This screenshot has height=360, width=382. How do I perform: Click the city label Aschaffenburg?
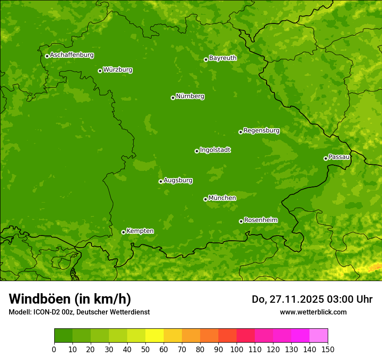point(72,55)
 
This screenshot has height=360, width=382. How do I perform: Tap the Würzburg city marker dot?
point(100,71)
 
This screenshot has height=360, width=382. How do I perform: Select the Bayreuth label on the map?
point(223,58)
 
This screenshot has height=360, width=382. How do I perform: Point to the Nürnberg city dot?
point(173,98)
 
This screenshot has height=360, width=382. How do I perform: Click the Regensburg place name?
point(261,130)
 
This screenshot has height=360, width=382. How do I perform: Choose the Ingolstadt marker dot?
point(197,151)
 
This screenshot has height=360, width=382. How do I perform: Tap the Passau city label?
point(339,157)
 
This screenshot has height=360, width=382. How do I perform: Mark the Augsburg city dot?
point(161,181)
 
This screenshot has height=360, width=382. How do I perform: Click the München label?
point(222,198)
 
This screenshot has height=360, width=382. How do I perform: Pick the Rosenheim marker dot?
point(241,221)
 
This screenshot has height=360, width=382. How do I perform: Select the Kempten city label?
point(140,231)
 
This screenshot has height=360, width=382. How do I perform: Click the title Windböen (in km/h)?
point(70,299)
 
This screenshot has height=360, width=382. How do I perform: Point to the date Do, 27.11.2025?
point(286,299)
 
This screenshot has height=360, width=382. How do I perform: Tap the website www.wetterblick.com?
point(313,312)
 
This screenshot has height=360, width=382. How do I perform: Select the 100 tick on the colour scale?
point(237,349)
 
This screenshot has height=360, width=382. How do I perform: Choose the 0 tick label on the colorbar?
point(54,349)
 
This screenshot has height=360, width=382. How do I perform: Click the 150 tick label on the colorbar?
point(328,349)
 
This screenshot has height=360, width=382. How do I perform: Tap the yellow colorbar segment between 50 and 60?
point(155,336)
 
